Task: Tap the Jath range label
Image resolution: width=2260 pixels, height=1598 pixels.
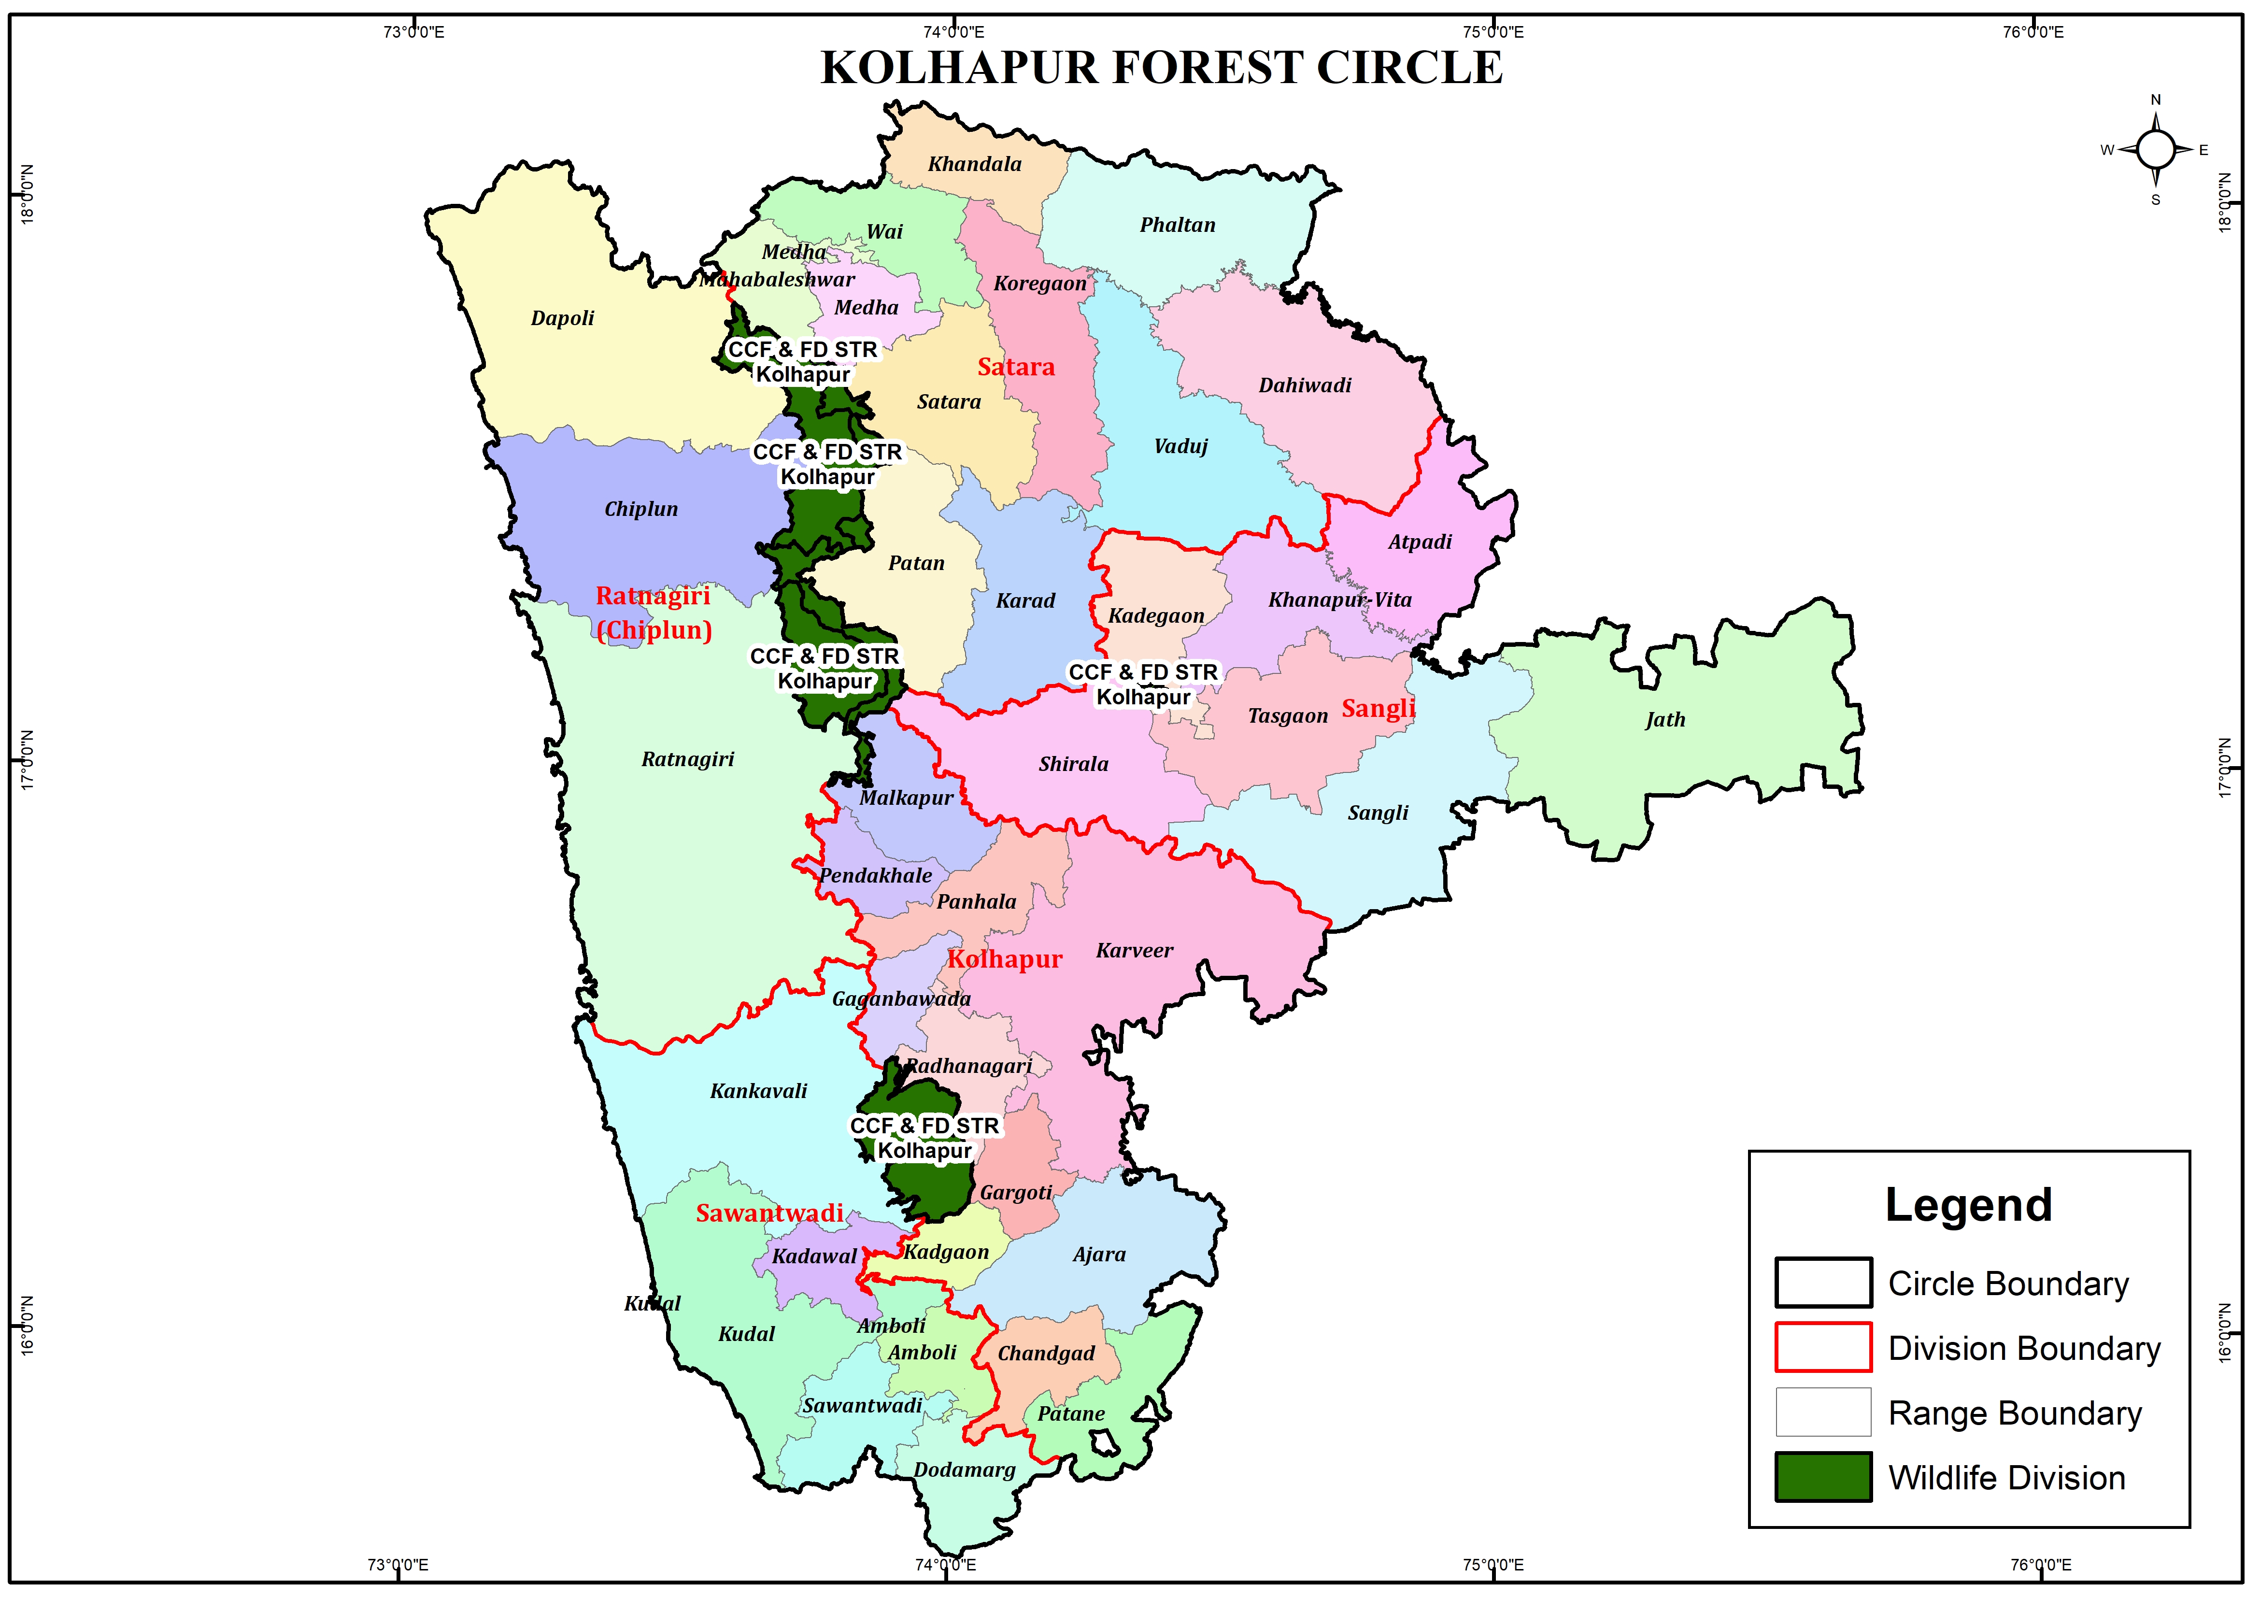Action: (x=1664, y=720)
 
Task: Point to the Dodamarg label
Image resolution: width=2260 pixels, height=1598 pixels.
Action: (x=964, y=1470)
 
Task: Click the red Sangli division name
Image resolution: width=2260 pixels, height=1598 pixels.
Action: (x=1378, y=709)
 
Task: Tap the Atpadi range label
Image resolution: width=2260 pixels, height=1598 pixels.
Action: (x=1420, y=542)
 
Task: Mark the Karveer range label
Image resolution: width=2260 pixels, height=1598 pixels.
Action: (x=1134, y=951)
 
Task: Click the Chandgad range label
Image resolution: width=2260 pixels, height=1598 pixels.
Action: (x=1045, y=1354)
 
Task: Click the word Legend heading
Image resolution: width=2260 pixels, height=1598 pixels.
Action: (x=1968, y=1205)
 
